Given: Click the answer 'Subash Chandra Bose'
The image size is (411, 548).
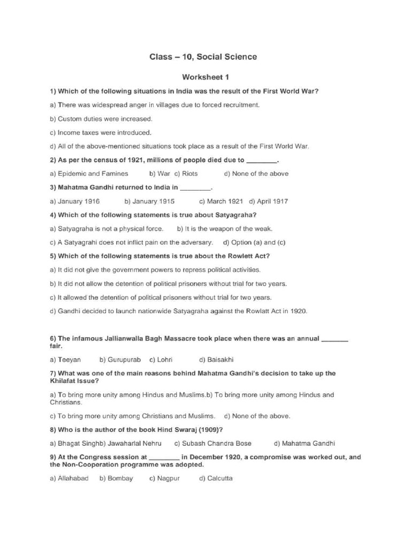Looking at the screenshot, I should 213,443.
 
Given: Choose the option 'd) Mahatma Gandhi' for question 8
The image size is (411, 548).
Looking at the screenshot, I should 305,443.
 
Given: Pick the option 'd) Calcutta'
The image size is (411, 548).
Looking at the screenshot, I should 216,478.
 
